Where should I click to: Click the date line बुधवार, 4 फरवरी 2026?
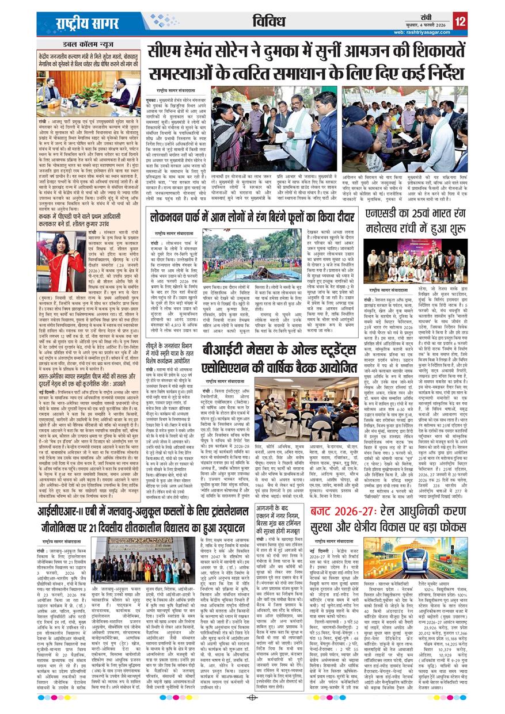pyautogui.click(x=423, y=25)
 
